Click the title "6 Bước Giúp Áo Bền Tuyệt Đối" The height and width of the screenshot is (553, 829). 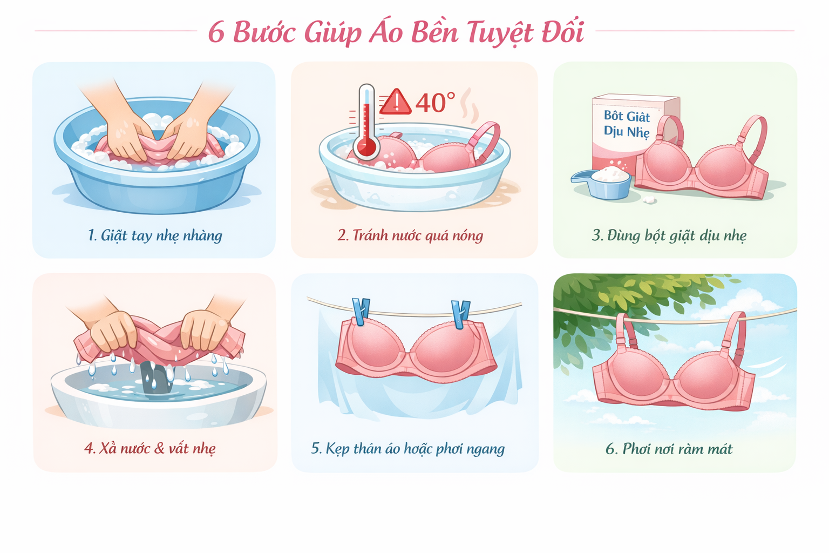coord(396,32)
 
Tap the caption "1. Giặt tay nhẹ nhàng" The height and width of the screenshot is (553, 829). coord(154,235)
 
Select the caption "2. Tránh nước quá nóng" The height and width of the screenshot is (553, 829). coord(410,235)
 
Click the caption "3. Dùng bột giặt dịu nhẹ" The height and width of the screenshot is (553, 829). coord(669,235)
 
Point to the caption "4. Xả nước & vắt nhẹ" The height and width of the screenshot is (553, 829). coord(150,448)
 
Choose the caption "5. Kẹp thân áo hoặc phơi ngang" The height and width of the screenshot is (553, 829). coord(408,448)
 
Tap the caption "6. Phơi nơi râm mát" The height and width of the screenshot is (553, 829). coord(669,449)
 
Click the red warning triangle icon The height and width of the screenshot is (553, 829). coord(396,103)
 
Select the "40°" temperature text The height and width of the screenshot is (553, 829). coord(435,103)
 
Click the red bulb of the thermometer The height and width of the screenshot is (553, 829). coord(366,147)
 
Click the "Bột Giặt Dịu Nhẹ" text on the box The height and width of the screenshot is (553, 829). coord(627,124)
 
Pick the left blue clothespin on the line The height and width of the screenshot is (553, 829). coord(360,312)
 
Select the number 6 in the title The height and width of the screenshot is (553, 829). coord(216,32)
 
